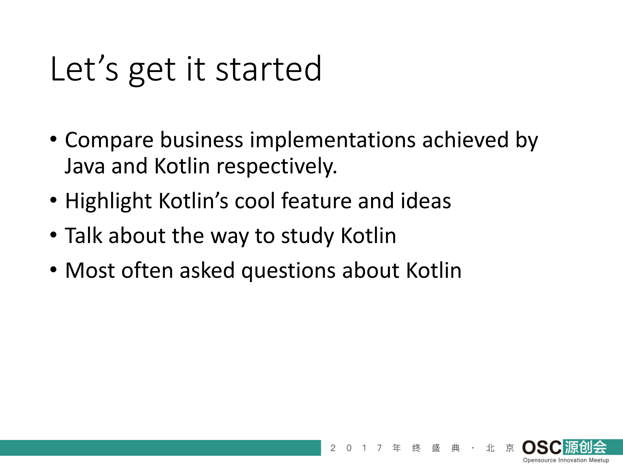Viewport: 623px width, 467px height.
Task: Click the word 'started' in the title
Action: (268, 69)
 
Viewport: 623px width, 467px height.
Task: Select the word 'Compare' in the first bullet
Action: (109, 140)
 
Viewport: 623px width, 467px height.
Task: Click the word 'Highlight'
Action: (108, 201)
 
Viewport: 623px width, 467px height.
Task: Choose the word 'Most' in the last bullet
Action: (90, 270)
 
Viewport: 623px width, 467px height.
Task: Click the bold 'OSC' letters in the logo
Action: (541, 448)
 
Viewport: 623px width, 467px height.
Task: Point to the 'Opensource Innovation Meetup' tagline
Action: (566, 460)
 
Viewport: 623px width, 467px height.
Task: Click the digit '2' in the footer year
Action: (333, 448)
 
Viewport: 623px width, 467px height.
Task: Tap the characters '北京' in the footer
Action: (500, 448)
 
